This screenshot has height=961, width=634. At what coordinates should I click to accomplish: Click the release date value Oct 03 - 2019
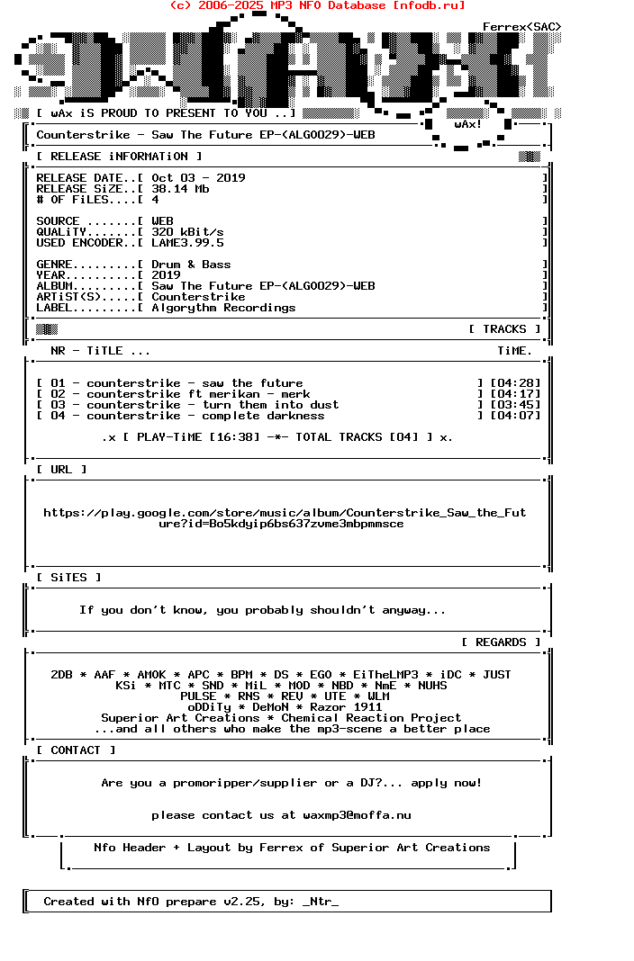[198, 178]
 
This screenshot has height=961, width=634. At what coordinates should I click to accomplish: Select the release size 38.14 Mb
[180, 189]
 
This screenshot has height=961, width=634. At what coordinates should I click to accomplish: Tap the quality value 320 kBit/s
[187, 232]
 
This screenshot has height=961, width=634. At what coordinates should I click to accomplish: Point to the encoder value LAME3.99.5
[187, 243]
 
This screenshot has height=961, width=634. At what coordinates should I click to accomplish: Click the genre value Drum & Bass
[191, 265]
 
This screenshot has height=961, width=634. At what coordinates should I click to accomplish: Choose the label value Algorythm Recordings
[223, 308]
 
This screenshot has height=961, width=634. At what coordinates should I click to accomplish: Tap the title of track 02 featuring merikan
[198, 394]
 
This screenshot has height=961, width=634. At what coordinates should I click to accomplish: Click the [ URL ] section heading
[61, 470]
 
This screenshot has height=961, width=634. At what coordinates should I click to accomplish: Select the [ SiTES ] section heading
[68, 578]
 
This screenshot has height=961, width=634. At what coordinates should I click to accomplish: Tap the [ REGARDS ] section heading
[501, 642]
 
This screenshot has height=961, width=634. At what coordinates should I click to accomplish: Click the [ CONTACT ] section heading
[76, 750]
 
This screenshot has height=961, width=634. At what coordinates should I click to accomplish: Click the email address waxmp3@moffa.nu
[357, 815]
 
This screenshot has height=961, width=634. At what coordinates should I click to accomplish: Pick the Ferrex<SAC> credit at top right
[521, 27]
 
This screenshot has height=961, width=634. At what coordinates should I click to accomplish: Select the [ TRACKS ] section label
[504, 329]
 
